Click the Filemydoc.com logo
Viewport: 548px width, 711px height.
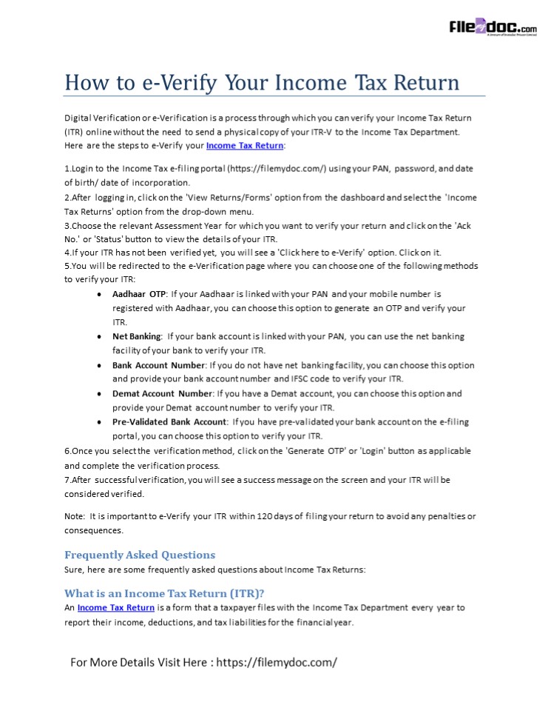493,28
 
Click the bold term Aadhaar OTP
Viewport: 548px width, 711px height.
139,294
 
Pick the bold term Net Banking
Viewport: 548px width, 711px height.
136,336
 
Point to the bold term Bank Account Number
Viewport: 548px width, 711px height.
158,365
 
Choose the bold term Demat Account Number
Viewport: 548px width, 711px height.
162,393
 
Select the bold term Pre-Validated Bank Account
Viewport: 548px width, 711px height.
169,422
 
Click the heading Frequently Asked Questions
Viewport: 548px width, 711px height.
140,555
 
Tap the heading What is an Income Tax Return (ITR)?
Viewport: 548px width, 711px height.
164,593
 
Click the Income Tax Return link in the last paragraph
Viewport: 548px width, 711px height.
116,607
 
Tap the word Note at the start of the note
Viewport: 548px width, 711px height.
74,516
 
